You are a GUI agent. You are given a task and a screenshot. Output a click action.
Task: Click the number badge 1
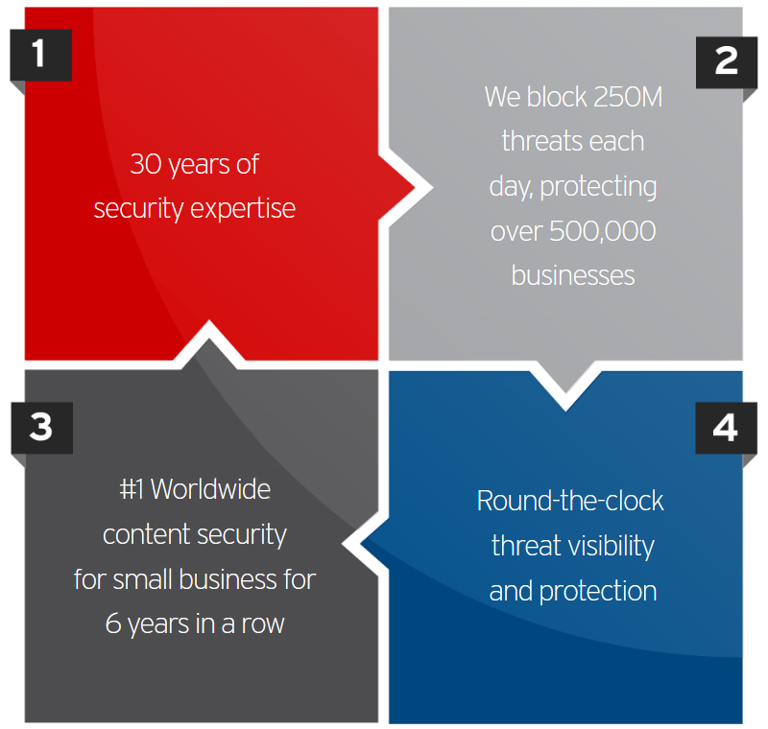click(x=41, y=55)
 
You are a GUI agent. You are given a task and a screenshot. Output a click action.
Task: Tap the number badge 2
click(x=727, y=62)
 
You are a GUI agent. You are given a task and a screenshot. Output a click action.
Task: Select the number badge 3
click(x=42, y=428)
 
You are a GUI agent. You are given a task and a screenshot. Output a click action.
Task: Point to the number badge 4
click(x=726, y=428)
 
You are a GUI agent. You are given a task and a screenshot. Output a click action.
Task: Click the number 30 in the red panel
click(x=146, y=164)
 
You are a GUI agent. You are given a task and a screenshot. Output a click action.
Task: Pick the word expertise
click(x=243, y=210)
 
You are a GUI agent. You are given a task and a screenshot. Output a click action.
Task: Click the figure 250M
click(x=627, y=97)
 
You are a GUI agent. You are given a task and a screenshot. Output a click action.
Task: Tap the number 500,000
click(x=603, y=231)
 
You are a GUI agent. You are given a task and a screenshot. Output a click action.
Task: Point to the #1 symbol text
click(x=132, y=489)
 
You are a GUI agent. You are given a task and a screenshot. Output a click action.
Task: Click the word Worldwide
click(x=210, y=489)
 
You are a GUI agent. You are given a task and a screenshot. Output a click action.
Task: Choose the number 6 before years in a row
click(x=113, y=623)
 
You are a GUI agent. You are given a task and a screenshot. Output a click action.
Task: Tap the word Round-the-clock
click(x=570, y=501)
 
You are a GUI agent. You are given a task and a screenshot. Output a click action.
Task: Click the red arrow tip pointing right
click(x=415, y=187)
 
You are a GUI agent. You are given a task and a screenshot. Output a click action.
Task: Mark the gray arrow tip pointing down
click(x=565, y=392)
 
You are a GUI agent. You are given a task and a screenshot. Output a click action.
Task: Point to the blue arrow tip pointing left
click(x=361, y=543)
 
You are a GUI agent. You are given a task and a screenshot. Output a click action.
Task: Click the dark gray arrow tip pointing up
click(x=208, y=339)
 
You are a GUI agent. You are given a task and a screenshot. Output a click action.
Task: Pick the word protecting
click(x=598, y=187)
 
